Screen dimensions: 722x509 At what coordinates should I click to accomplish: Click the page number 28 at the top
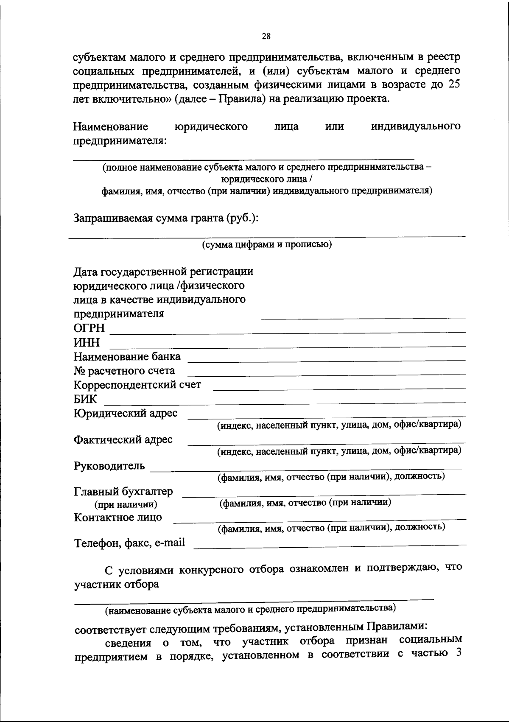(x=266, y=36)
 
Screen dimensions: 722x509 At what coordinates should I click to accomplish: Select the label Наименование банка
(x=127, y=357)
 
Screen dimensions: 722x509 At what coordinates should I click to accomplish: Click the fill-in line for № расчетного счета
(x=327, y=373)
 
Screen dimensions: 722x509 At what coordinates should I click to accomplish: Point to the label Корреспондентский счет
(x=137, y=385)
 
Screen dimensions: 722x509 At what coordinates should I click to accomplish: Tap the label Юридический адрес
(x=126, y=413)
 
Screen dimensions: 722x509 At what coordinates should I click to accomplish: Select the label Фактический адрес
(x=123, y=439)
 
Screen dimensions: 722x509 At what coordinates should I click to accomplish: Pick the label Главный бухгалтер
(x=123, y=492)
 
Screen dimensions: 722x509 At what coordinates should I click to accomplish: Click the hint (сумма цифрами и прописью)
(x=267, y=245)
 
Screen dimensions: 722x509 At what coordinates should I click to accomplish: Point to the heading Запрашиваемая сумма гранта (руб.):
(x=166, y=218)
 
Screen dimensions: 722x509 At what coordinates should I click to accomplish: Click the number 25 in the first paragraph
(x=453, y=84)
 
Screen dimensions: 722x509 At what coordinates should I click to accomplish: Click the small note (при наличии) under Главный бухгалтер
(x=126, y=505)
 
